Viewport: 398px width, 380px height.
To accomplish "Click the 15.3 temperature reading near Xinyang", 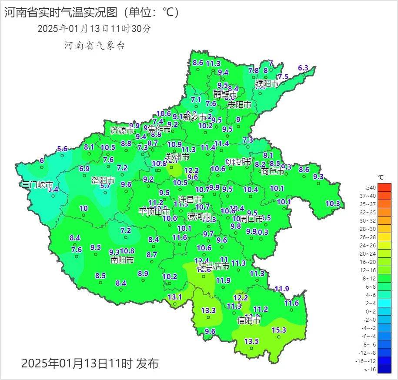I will (279, 330).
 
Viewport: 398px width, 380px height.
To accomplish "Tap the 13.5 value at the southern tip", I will (251, 341).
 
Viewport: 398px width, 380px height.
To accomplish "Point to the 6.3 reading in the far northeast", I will (303, 68).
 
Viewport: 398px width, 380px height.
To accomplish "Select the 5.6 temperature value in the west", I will (62, 149).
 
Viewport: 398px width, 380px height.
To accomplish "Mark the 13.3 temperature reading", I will (208, 310).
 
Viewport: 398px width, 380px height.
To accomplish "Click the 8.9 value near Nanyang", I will (143, 273).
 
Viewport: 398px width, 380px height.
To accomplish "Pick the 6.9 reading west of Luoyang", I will (84, 169).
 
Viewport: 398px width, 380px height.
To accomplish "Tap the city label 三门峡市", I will (38, 184).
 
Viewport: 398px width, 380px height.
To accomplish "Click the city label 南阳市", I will (122, 260).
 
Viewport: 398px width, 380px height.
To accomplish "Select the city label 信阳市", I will (249, 320).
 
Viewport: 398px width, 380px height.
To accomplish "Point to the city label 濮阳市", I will (267, 83).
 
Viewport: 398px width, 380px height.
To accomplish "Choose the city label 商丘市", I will (273, 171).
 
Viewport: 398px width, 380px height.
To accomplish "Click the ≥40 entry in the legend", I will (371, 187).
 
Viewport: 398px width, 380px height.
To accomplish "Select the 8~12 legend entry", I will (371, 278).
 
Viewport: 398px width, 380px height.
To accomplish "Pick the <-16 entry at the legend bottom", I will (371, 369).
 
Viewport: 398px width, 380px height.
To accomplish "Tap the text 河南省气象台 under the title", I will (94, 45).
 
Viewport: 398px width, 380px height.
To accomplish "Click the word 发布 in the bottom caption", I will (147, 363).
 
